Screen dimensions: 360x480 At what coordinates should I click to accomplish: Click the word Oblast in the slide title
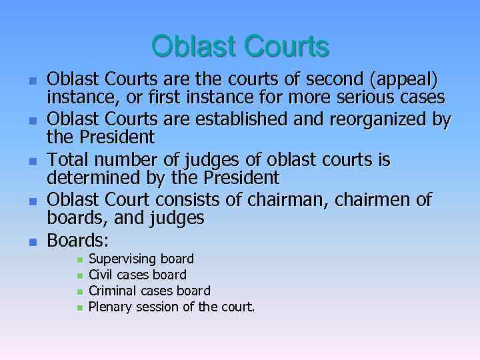193,47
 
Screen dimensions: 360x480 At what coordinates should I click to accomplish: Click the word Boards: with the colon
78,240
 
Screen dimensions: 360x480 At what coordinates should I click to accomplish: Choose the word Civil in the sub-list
101,275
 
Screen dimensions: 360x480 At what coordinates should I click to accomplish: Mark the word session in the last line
158,307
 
